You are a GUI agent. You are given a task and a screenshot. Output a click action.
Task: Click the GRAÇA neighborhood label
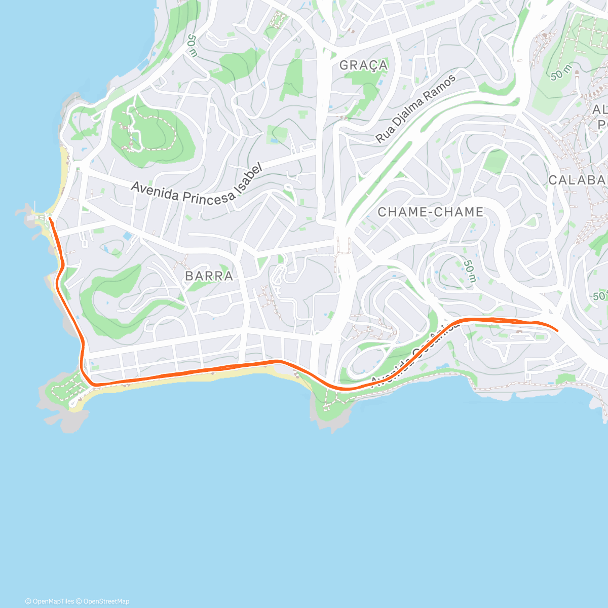click(363, 65)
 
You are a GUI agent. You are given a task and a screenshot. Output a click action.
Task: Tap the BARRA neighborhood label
click(209, 276)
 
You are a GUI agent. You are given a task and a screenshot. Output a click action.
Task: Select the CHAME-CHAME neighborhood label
click(430, 212)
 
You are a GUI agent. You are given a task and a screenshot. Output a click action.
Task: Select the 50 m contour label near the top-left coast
click(192, 46)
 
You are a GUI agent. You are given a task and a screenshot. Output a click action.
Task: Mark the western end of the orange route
click(50, 219)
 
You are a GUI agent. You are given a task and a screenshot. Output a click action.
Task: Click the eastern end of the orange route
click(557, 330)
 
